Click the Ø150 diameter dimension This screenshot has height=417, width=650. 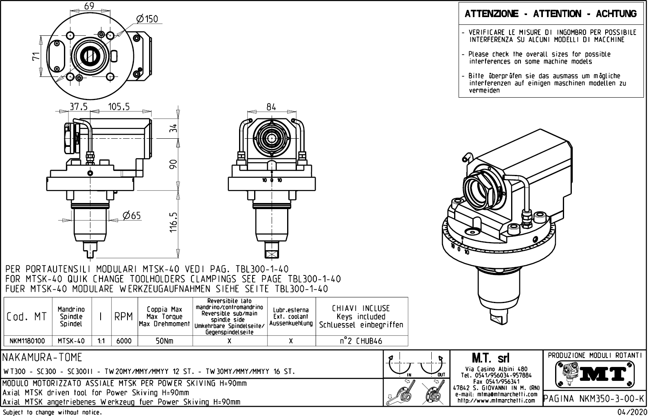click(x=147, y=19)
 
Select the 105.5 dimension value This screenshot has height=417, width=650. click(x=119, y=107)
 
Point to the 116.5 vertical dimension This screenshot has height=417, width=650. click(x=174, y=222)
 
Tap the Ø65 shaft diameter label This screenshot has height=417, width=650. click(x=132, y=215)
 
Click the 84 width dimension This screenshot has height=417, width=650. click(x=271, y=107)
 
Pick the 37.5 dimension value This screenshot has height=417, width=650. click(x=79, y=107)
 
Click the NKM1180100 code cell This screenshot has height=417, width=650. click(x=27, y=341)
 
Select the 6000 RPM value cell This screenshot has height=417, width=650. click(x=124, y=341)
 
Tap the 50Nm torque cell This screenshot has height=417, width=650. click(x=165, y=341)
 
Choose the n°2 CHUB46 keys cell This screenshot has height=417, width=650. click(x=361, y=341)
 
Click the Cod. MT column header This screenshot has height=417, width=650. click(x=27, y=317)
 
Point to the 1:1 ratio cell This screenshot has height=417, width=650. click(x=101, y=341)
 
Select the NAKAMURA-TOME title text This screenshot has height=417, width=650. click(x=42, y=358)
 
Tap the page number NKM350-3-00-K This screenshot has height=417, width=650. click(x=595, y=399)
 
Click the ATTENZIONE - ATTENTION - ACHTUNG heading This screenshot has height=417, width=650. click(x=551, y=14)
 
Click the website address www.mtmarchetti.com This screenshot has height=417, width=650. click(x=496, y=401)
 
